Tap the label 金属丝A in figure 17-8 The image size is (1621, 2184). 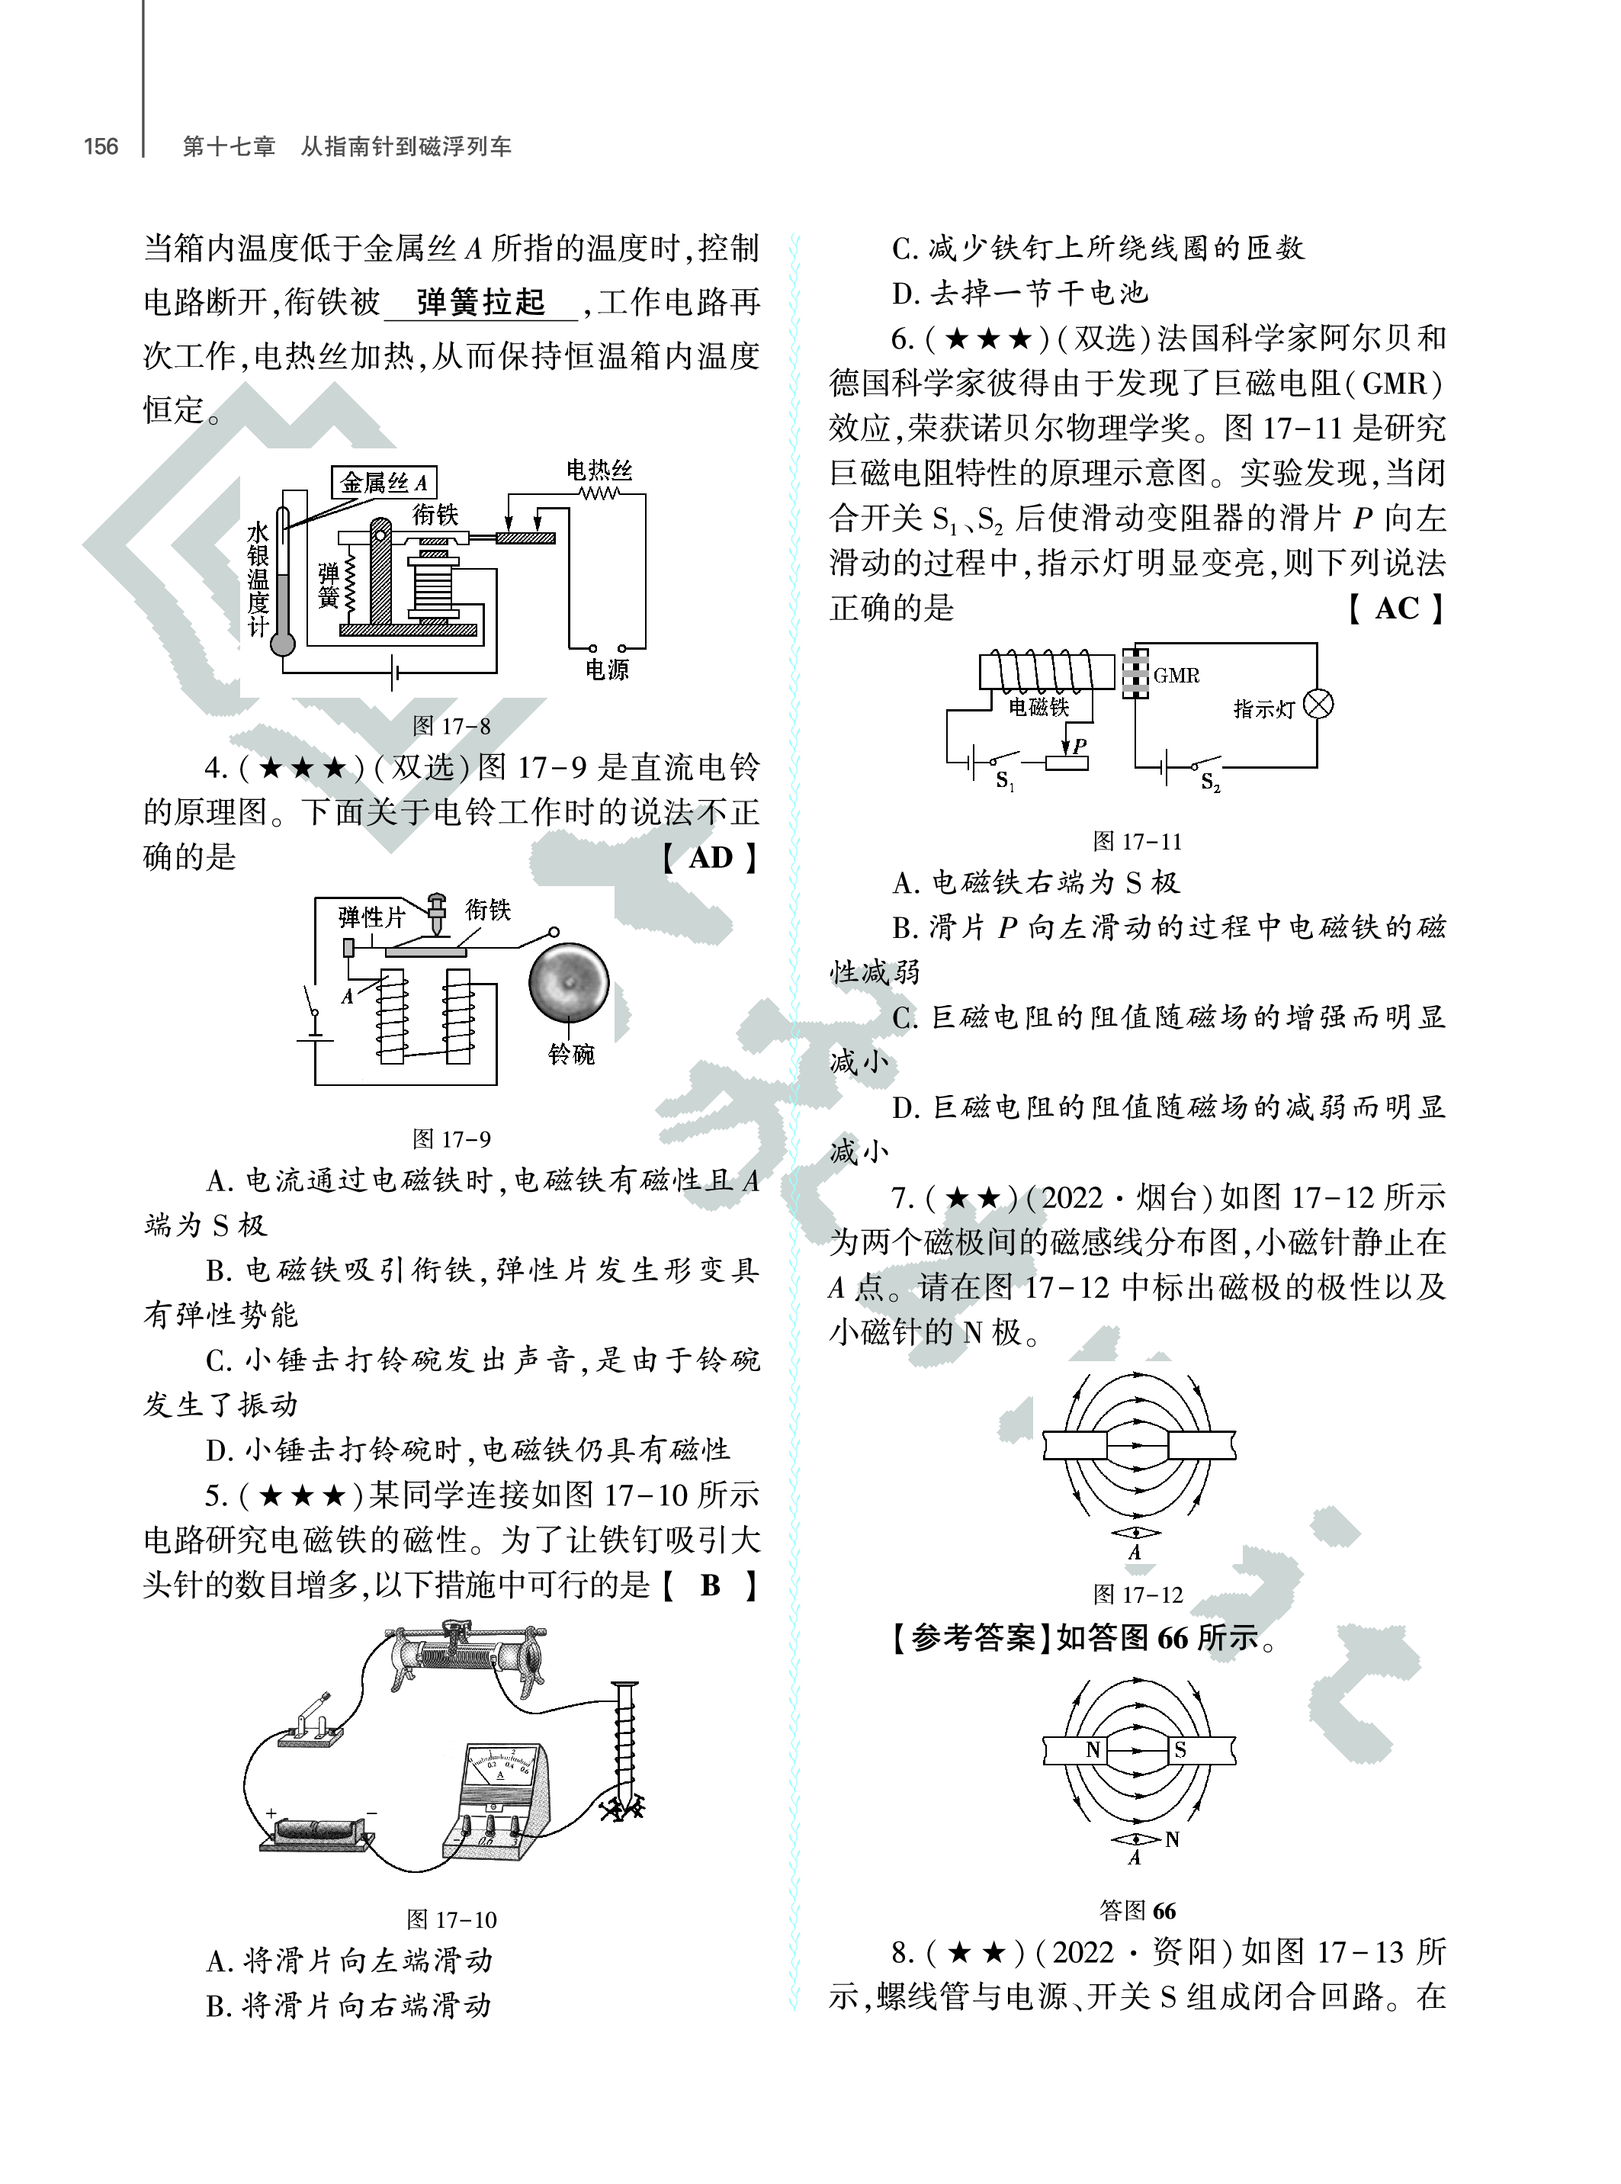383,482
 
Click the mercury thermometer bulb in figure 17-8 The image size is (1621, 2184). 283,644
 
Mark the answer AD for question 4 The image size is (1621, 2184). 711,857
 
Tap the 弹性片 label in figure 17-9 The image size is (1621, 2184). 371,917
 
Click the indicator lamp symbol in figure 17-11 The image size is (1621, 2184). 1319,704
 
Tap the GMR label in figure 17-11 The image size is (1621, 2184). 1176,675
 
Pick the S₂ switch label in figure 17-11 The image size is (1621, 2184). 1210,782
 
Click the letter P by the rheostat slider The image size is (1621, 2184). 1080,745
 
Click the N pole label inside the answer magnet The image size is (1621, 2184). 1093,1749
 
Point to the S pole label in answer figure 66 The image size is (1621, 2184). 1180,1749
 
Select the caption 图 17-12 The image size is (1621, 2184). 1138,1595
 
